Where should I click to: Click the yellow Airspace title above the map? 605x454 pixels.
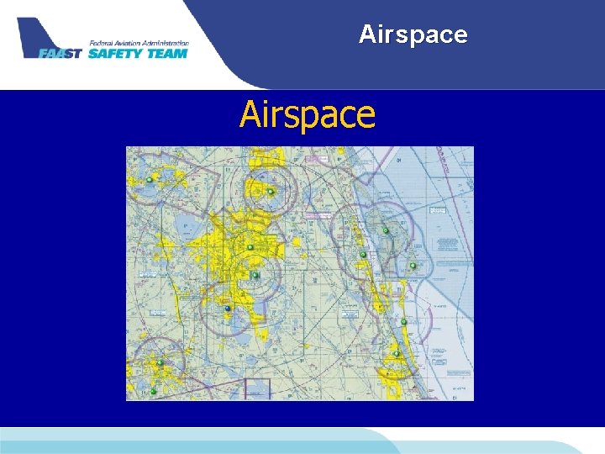tap(308, 115)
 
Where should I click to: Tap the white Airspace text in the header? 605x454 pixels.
tap(413, 34)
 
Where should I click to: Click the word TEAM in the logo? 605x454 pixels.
tap(167, 53)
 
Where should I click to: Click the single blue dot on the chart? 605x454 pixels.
tap(227, 309)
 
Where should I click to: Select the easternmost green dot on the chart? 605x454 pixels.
tap(413, 266)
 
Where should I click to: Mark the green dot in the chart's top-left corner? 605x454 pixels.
tap(150, 180)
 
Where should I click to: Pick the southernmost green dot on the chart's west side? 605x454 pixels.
tap(154, 391)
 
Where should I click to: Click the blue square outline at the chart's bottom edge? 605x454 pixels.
tap(256, 389)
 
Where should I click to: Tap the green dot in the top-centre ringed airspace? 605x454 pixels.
tap(271, 192)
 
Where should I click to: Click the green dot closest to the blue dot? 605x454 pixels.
tap(255, 275)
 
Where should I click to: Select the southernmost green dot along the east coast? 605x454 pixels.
tap(397, 354)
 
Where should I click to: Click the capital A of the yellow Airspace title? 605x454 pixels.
tap(250, 115)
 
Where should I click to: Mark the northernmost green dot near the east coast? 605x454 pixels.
tap(386, 230)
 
